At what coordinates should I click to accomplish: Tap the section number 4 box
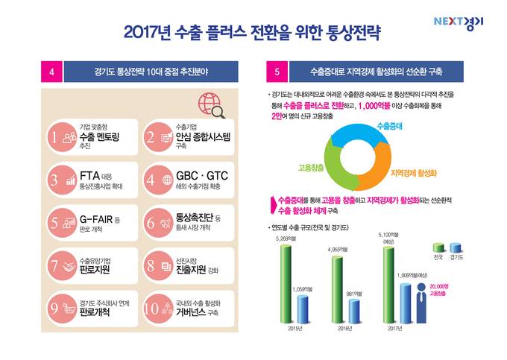click(50, 72)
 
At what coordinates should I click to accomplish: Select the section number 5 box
click(277, 72)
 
